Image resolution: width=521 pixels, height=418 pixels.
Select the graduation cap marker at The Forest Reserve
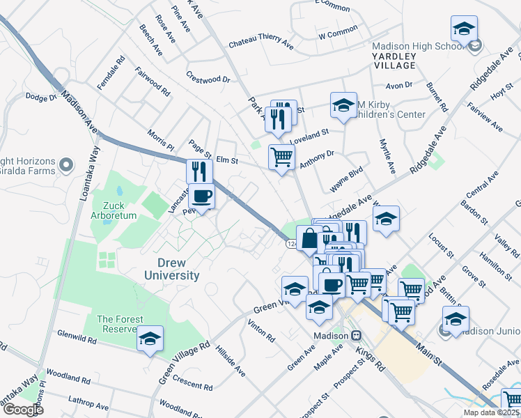150,339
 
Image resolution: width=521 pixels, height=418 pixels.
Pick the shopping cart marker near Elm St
281,157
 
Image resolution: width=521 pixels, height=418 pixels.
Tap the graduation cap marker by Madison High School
464,29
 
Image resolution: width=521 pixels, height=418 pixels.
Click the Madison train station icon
355,335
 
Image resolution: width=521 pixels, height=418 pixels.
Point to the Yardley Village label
394,60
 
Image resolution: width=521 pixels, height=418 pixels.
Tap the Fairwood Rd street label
153,81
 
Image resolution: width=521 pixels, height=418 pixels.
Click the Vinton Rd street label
260,330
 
